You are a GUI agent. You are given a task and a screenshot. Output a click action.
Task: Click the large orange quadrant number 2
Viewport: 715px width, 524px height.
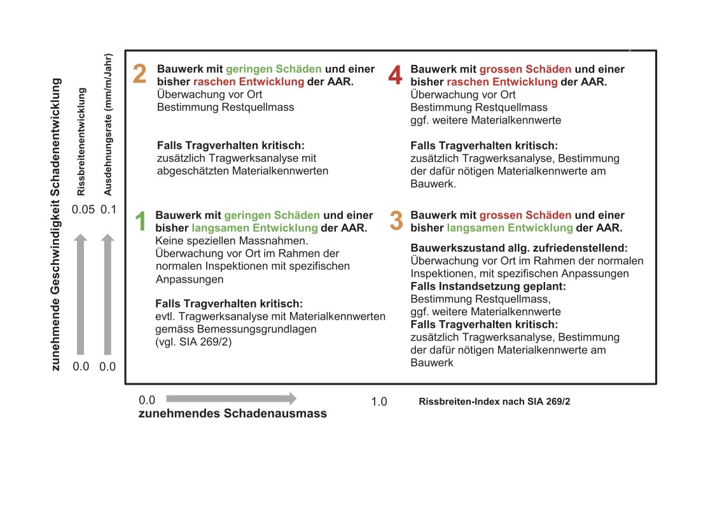(x=140, y=74)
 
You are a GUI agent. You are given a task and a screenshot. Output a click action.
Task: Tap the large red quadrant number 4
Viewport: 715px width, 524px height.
(x=395, y=76)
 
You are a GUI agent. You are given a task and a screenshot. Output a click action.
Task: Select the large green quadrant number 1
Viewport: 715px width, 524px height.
(x=141, y=221)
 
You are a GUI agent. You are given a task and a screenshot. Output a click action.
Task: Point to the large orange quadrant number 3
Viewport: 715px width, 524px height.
(x=396, y=221)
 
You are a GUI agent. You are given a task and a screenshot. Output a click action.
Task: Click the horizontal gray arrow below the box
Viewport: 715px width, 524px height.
(x=231, y=399)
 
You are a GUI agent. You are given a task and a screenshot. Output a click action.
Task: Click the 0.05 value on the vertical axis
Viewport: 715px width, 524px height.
(x=83, y=209)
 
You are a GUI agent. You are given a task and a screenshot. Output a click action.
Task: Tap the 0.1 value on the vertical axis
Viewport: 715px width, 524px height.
(x=108, y=209)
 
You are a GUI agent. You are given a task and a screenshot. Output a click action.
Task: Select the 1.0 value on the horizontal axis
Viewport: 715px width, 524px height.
(x=378, y=402)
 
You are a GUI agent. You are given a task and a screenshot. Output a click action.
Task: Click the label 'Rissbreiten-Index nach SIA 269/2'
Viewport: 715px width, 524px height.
(x=494, y=402)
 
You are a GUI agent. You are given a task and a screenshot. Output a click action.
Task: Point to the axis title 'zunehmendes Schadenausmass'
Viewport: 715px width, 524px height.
(x=233, y=413)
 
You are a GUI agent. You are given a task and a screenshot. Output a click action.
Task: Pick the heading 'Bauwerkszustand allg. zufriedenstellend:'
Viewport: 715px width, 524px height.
(x=519, y=248)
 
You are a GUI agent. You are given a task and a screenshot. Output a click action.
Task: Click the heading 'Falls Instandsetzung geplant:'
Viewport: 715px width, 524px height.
(x=488, y=287)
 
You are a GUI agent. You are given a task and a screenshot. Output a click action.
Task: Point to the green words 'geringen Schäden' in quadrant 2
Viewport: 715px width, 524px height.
(x=273, y=69)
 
